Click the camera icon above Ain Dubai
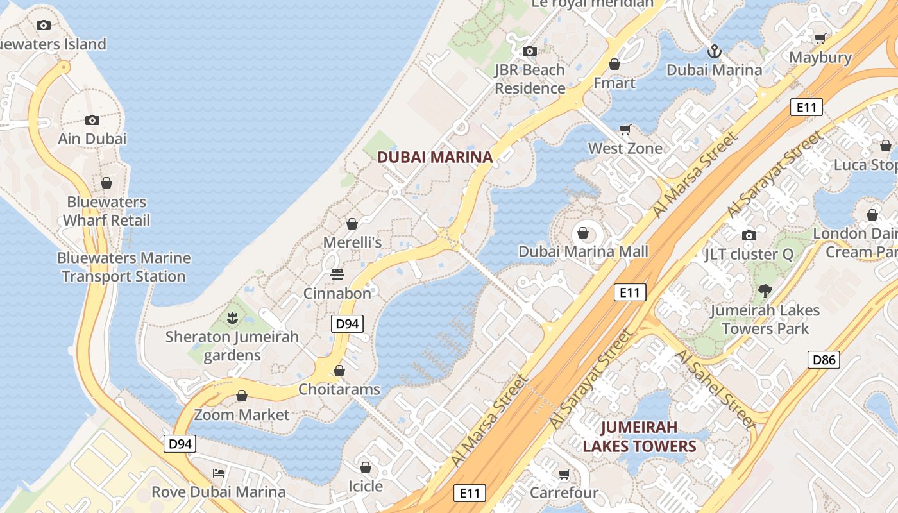pos(92,120)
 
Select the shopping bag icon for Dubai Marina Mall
pos(583,233)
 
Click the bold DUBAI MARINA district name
pos(435,157)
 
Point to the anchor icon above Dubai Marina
pos(713,51)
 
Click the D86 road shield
pos(824,360)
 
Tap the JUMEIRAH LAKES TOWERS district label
pos(639,437)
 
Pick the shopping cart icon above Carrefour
pos(564,475)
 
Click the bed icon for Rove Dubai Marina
pos(219,473)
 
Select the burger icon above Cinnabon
pos(337,274)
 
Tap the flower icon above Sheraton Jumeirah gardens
pos(232,317)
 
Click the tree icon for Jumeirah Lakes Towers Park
pos(765,291)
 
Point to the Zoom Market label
pos(242,415)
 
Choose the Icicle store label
pos(366,486)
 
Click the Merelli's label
pos(352,242)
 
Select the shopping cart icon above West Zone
pos(625,130)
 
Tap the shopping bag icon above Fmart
pos(614,64)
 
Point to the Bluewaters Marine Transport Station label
pos(124,267)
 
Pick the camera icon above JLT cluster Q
pos(749,235)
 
